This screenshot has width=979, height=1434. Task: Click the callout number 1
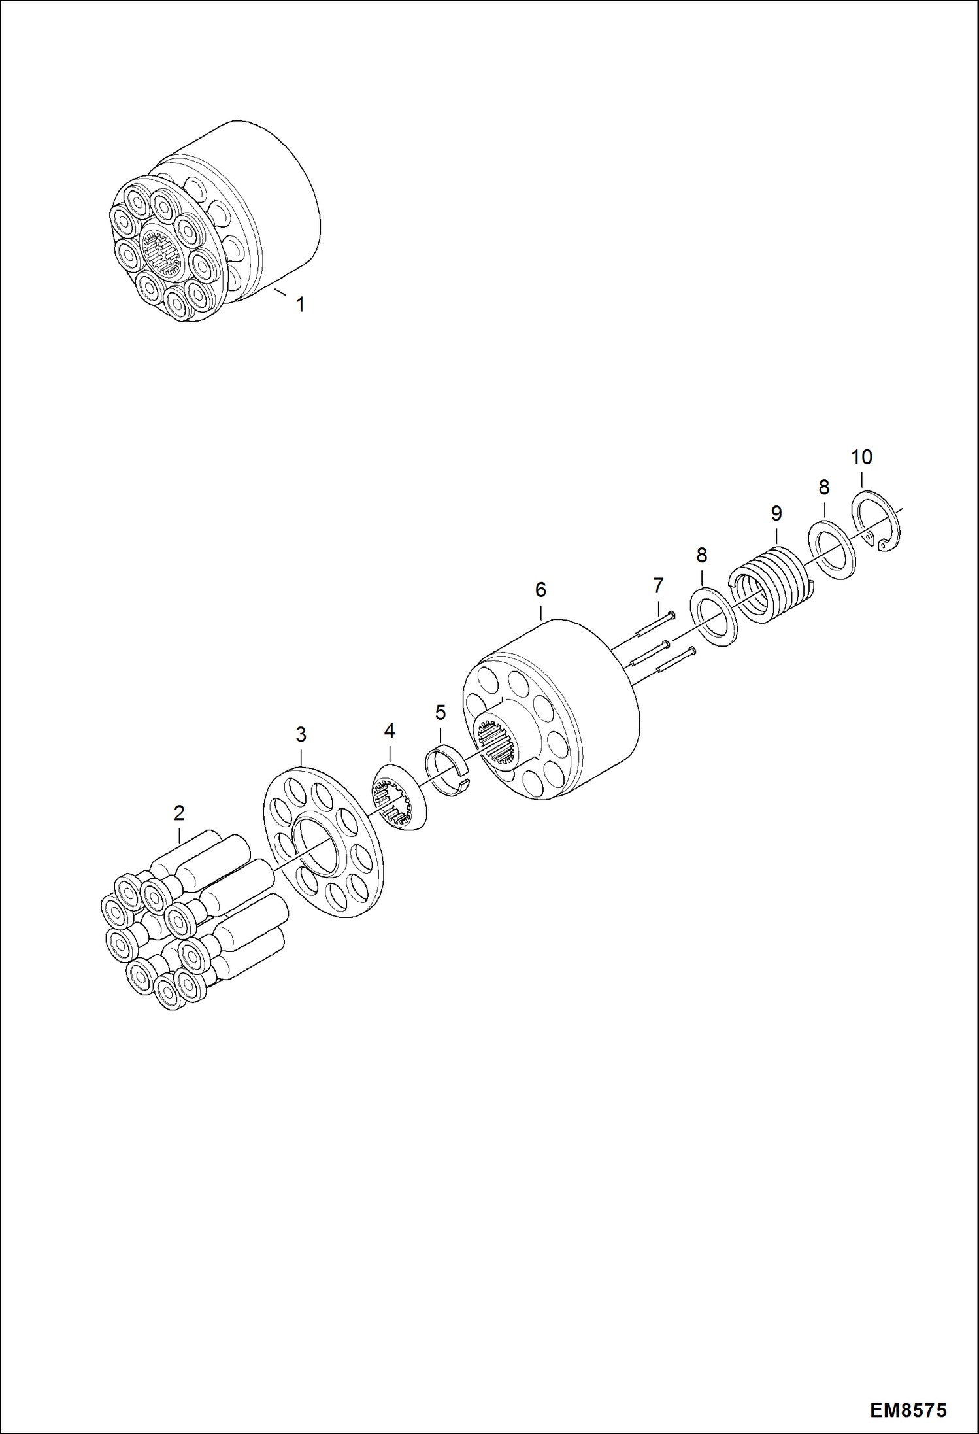(300, 305)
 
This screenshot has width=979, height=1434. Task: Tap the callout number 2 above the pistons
(179, 813)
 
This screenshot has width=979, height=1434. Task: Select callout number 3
(301, 734)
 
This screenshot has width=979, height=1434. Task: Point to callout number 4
(390, 730)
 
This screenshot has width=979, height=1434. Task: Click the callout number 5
(440, 712)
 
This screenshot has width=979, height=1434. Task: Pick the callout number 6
(540, 590)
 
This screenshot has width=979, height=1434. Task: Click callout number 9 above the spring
(776, 513)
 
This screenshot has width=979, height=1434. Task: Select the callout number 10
(861, 456)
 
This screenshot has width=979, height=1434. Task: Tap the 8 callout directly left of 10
(824, 487)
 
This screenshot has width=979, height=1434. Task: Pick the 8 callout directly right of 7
(702, 555)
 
